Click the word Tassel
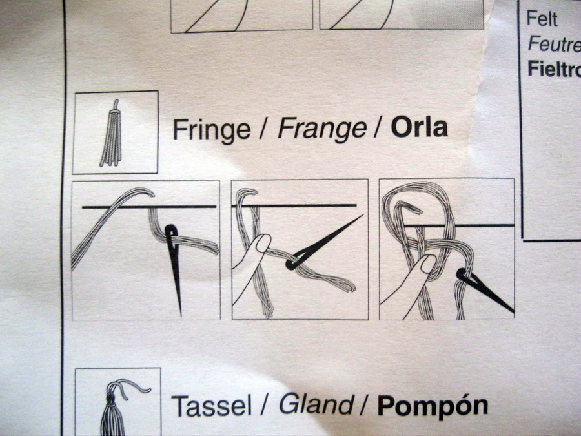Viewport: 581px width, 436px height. pyautogui.click(x=211, y=405)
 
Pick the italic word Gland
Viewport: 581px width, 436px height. pyautogui.click(x=316, y=404)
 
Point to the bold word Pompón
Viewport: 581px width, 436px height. pyautogui.click(x=433, y=406)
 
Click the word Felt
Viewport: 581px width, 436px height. pyautogui.click(x=542, y=19)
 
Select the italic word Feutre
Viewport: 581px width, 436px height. pyautogui.click(x=555, y=44)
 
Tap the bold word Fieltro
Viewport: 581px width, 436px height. pyautogui.click(x=555, y=68)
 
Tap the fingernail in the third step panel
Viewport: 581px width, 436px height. pyautogui.click(x=428, y=264)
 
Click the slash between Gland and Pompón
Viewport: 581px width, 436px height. pyautogui.click(x=365, y=404)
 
